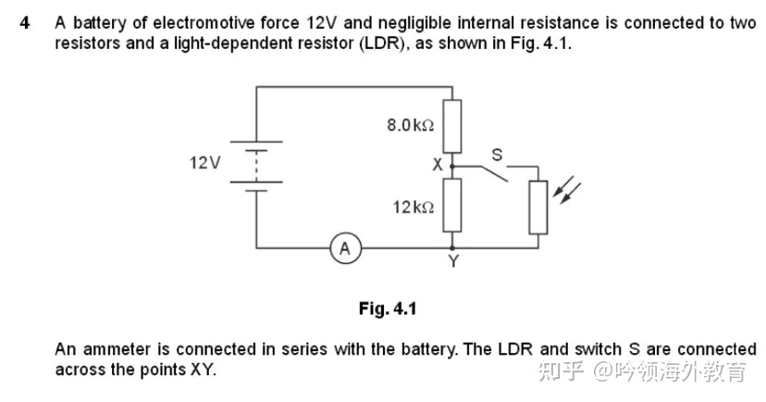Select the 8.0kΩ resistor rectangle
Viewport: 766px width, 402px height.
click(x=452, y=126)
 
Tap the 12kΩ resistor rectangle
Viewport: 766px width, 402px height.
click(x=452, y=207)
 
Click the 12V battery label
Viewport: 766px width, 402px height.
click(x=205, y=163)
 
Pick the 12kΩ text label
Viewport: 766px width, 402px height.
click(x=414, y=207)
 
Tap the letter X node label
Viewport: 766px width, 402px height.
click(x=436, y=165)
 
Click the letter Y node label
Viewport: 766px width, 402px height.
click(x=452, y=262)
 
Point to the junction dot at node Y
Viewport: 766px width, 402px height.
click(x=452, y=247)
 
